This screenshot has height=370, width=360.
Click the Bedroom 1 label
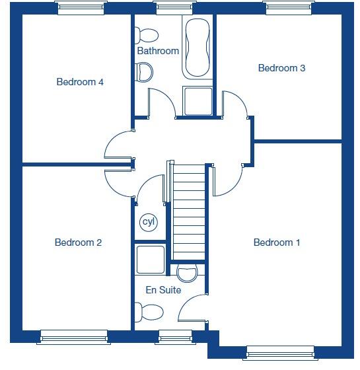[x=277, y=242]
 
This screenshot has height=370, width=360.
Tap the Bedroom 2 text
[x=78, y=242]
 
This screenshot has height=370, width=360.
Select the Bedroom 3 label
[x=281, y=68]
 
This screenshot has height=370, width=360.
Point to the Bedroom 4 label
[x=80, y=82]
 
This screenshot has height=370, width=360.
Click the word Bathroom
[x=158, y=51]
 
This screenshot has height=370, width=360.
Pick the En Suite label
[x=163, y=289]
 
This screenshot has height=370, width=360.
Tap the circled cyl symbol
[x=149, y=222]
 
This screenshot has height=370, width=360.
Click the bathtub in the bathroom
[x=198, y=48]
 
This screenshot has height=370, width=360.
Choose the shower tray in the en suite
[x=150, y=260]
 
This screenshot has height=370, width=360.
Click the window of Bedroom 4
[x=80, y=8]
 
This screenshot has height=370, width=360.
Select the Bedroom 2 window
[x=73, y=337]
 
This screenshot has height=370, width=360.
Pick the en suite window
[x=175, y=337]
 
